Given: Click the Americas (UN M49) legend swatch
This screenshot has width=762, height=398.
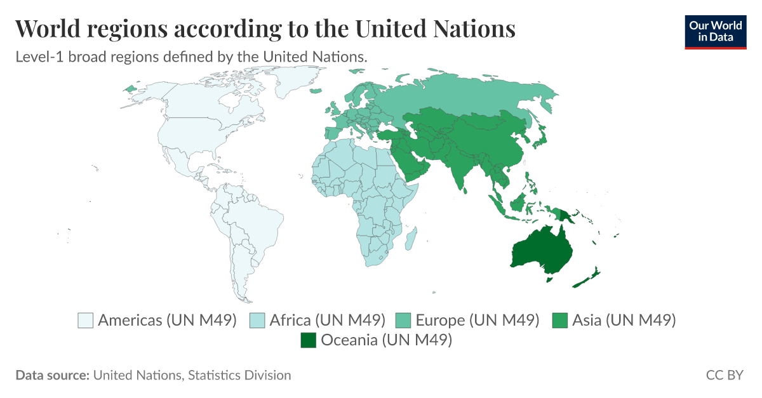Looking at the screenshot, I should (86, 320).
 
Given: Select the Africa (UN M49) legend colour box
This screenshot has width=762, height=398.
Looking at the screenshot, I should (258, 320).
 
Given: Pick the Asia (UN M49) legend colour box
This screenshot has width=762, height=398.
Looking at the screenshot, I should (560, 320).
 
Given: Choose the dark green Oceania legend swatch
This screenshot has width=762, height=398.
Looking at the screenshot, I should (309, 340).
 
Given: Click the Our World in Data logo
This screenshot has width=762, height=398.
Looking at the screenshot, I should (716, 31).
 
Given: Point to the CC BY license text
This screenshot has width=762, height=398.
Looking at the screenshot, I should (724, 375).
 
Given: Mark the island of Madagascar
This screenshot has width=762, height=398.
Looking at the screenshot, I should (411, 239).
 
